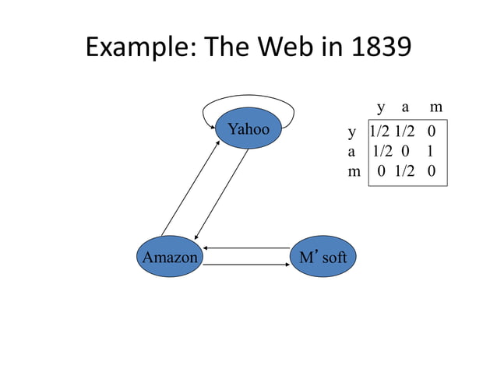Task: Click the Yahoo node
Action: [248, 129]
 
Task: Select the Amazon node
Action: [169, 257]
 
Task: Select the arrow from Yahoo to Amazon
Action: [220, 195]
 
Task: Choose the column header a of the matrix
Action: [406, 107]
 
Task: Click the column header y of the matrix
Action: [380, 107]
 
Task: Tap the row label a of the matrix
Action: [352, 152]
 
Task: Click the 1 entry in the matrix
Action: [431, 152]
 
